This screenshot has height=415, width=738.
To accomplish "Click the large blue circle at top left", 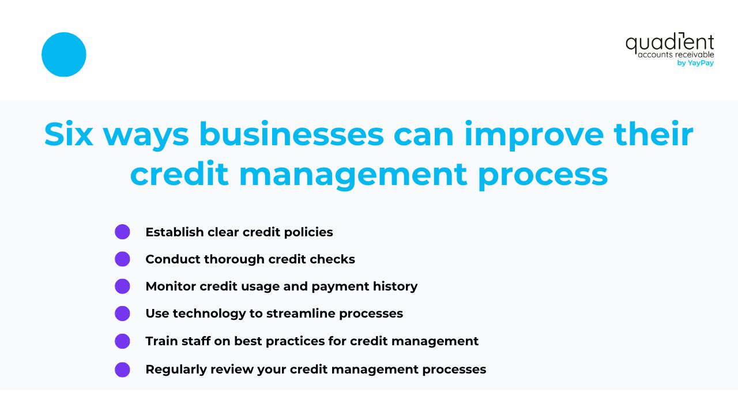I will pos(64,55).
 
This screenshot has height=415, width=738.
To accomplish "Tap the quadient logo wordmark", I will pos(669,43).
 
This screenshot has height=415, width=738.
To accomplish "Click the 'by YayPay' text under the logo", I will pos(695,63).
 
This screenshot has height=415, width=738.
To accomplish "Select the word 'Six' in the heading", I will pos(69,135).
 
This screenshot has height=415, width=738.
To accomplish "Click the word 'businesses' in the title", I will pos(292,135).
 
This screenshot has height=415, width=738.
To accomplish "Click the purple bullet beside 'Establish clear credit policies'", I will pos(122,232).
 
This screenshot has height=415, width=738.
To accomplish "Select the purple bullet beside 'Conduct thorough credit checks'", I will pos(122,259).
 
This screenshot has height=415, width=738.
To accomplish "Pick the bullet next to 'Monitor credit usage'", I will pos(122,286).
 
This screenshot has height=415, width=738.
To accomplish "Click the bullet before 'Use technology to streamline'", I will pos(122,314).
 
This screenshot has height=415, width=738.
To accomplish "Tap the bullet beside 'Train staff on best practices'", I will pos(122,341).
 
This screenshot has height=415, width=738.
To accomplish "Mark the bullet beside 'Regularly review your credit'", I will pos(122,369).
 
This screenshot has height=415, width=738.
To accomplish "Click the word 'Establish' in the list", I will pos(174,232).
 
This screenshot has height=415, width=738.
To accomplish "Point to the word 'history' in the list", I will pos(394,286).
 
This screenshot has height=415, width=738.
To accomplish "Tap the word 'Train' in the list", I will pos(161,341).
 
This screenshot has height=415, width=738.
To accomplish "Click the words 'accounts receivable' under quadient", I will pos(676,55).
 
